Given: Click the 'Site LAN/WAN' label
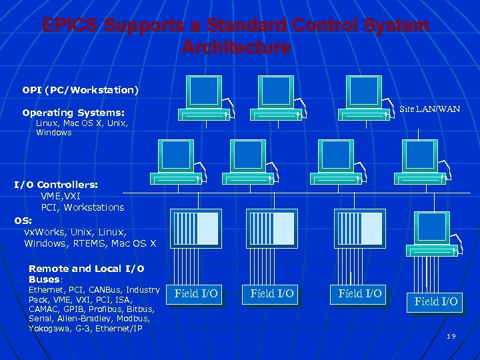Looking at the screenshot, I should [429, 109].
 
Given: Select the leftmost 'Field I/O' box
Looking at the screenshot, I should [195, 293].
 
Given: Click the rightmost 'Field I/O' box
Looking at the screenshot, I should [436, 301].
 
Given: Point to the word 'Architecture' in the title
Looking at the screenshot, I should [235, 48].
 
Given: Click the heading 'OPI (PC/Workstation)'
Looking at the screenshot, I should [80, 89].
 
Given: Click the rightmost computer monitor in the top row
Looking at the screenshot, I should [363, 91].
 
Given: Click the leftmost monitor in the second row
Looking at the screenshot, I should [176, 156].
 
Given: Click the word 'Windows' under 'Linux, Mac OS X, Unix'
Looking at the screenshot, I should [54, 133].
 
